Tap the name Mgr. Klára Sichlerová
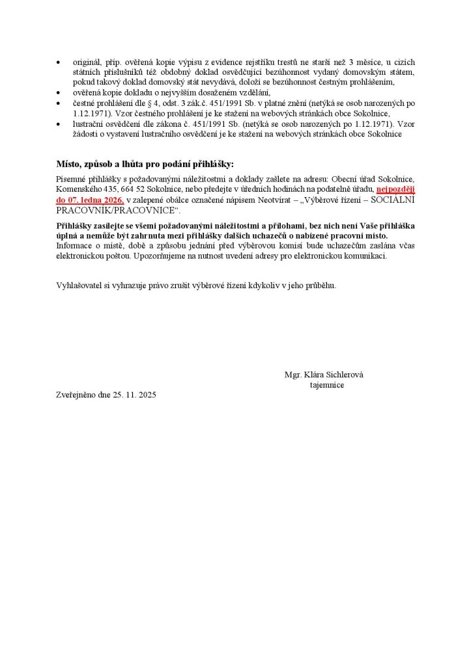[324, 375]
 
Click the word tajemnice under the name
[327, 385]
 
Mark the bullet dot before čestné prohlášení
[60, 104]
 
